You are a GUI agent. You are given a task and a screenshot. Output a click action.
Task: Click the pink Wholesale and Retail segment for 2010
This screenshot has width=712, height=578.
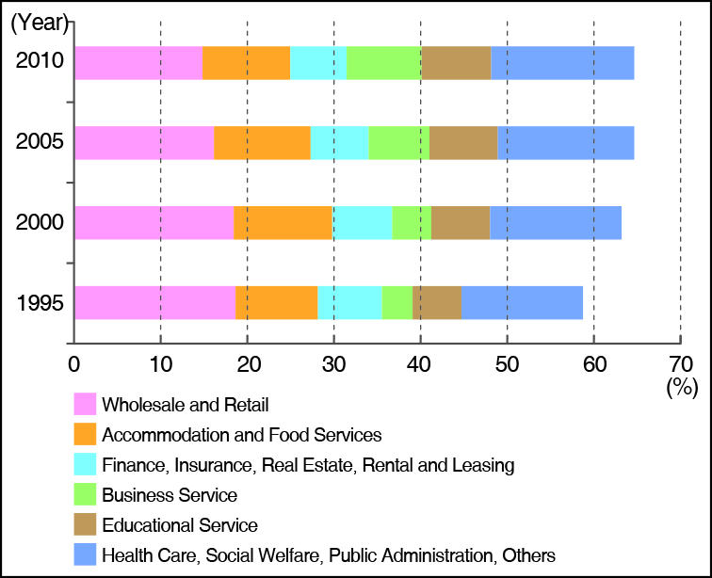[138, 62]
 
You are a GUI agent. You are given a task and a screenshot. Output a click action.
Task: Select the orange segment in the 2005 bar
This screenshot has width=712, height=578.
[262, 142]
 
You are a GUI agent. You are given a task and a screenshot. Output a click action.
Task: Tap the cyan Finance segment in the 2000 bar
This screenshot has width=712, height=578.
[362, 222]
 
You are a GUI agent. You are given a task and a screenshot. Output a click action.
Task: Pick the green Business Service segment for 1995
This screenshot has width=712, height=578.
[396, 302]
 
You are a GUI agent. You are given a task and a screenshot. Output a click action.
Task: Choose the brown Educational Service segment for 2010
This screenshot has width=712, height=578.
[456, 62]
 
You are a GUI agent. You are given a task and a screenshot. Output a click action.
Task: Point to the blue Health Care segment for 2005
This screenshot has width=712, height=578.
[565, 142]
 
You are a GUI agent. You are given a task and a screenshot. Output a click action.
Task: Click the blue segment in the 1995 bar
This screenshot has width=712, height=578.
[522, 302]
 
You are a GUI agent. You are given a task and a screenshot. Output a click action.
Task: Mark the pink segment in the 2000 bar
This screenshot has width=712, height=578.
[154, 222]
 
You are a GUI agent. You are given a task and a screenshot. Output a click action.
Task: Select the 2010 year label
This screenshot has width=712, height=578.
[40, 62]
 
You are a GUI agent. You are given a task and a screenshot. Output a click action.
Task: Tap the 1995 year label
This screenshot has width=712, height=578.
[40, 303]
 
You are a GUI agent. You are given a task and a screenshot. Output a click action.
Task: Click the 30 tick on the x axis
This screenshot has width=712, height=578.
[333, 363]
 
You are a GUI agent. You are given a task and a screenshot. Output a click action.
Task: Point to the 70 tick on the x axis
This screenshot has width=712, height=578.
[680, 363]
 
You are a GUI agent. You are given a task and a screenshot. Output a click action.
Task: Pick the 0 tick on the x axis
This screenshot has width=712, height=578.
[73, 363]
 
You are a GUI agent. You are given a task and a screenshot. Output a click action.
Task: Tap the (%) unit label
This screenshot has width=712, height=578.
[679, 386]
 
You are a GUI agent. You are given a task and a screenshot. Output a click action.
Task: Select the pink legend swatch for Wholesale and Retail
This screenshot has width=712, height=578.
[86, 405]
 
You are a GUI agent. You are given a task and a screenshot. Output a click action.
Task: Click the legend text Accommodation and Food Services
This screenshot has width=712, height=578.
[241, 435]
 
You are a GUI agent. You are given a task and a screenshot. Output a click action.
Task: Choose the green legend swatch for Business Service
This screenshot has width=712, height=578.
[86, 495]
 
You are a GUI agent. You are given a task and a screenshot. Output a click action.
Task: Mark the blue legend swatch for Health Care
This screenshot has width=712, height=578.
[86, 555]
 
